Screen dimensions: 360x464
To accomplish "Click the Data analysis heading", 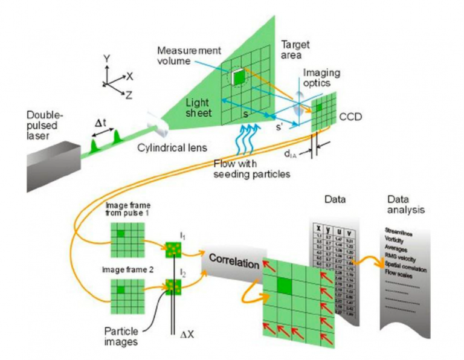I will point(405,206).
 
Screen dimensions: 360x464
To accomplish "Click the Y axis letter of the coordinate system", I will point(107,60).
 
